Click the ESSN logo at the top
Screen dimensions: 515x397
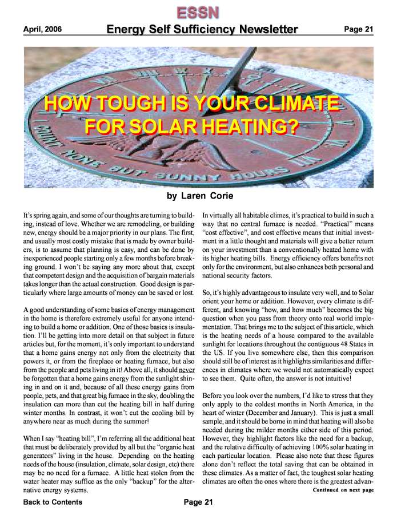pyautogui.click(x=198, y=11)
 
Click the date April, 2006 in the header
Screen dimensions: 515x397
pyautogui.click(x=43, y=29)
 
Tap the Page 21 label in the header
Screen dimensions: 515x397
pyautogui.click(x=358, y=29)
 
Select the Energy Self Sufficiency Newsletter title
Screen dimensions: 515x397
pyautogui.click(x=202, y=29)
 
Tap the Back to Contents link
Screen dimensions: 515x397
pyautogui.click(x=53, y=502)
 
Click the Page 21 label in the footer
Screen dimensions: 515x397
pyautogui.click(x=198, y=502)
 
